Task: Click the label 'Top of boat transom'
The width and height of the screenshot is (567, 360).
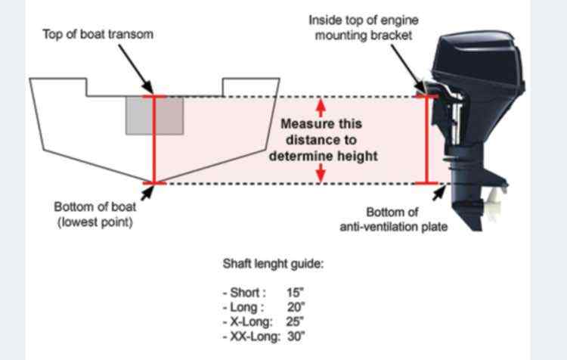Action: click(98, 34)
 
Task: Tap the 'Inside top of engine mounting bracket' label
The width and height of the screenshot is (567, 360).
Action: click(364, 27)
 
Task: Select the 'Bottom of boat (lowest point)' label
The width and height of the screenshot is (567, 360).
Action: click(95, 214)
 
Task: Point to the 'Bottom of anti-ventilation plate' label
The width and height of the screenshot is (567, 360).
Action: click(393, 219)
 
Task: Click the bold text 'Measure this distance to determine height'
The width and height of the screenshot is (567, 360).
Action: click(323, 140)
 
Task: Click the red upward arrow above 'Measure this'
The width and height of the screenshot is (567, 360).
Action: click(321, 107)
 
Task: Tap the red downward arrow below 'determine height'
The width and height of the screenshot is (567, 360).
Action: click(321, 173)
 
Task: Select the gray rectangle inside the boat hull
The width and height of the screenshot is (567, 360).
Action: click(154, 116)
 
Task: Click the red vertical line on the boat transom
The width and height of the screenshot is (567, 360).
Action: click(154, 140)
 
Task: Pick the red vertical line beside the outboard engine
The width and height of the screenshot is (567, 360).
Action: click(426, 140)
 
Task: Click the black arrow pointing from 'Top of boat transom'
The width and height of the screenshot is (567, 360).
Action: click(135, 69)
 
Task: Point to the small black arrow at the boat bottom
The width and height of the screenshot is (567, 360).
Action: click(147, 193)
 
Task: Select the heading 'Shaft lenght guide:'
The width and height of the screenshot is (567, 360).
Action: click(273, 264)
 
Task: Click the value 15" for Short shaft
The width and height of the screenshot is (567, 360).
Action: click(295, 293)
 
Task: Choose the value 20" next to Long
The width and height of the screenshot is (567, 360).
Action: click(296, 307)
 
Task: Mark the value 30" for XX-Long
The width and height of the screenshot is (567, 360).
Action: click(296, 337)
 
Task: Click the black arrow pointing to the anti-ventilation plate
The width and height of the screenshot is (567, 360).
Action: click(439, 193)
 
